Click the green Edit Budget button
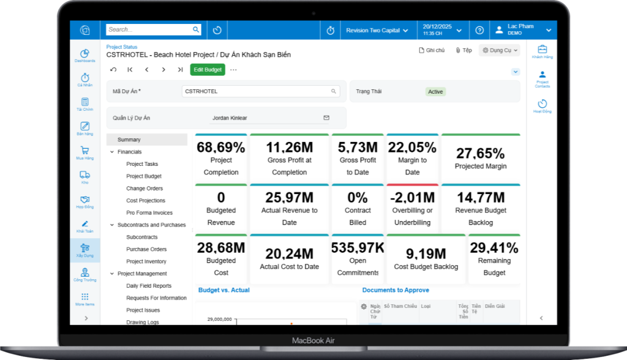coord(208,70)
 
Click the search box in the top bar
coord(149,29)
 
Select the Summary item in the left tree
coord(129,140)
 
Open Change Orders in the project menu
coord(145,189)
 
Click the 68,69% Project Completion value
coord(221,148)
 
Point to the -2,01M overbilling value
coord(412,198)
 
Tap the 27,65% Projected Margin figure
coord(481,153)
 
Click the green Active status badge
coord(435,92)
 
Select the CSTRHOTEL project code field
coord(260,91)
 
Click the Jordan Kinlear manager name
coord(230,118)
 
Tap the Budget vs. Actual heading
coord(224,290)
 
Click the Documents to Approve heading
coord(396,290)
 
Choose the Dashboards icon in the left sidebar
coord(85,55)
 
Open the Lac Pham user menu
coord(522,29)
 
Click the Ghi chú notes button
coord(432,51)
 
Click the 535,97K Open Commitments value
coord(358,248)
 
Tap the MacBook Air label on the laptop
coord(313,340)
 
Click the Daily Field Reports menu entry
coord(149,286)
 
